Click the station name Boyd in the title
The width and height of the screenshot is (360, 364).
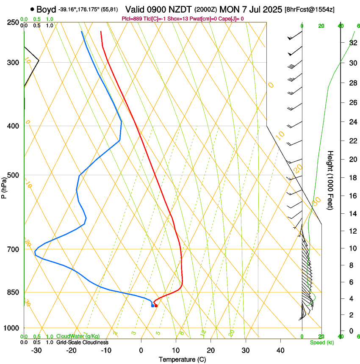[46, 9]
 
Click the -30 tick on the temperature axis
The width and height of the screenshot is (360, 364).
[36, 350]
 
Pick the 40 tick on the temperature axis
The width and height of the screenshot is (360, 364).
[280, 350]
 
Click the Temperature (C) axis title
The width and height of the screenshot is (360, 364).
[183, 359]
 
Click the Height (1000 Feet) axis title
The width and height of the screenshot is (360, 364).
[330, 180]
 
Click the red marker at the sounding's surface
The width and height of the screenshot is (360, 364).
[156, 306]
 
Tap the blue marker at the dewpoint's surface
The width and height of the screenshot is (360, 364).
[152, 306]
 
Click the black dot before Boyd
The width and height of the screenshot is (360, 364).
[32, 9]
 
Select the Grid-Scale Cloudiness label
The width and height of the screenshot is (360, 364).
[82, 342]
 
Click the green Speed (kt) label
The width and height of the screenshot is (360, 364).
[321, 342]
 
